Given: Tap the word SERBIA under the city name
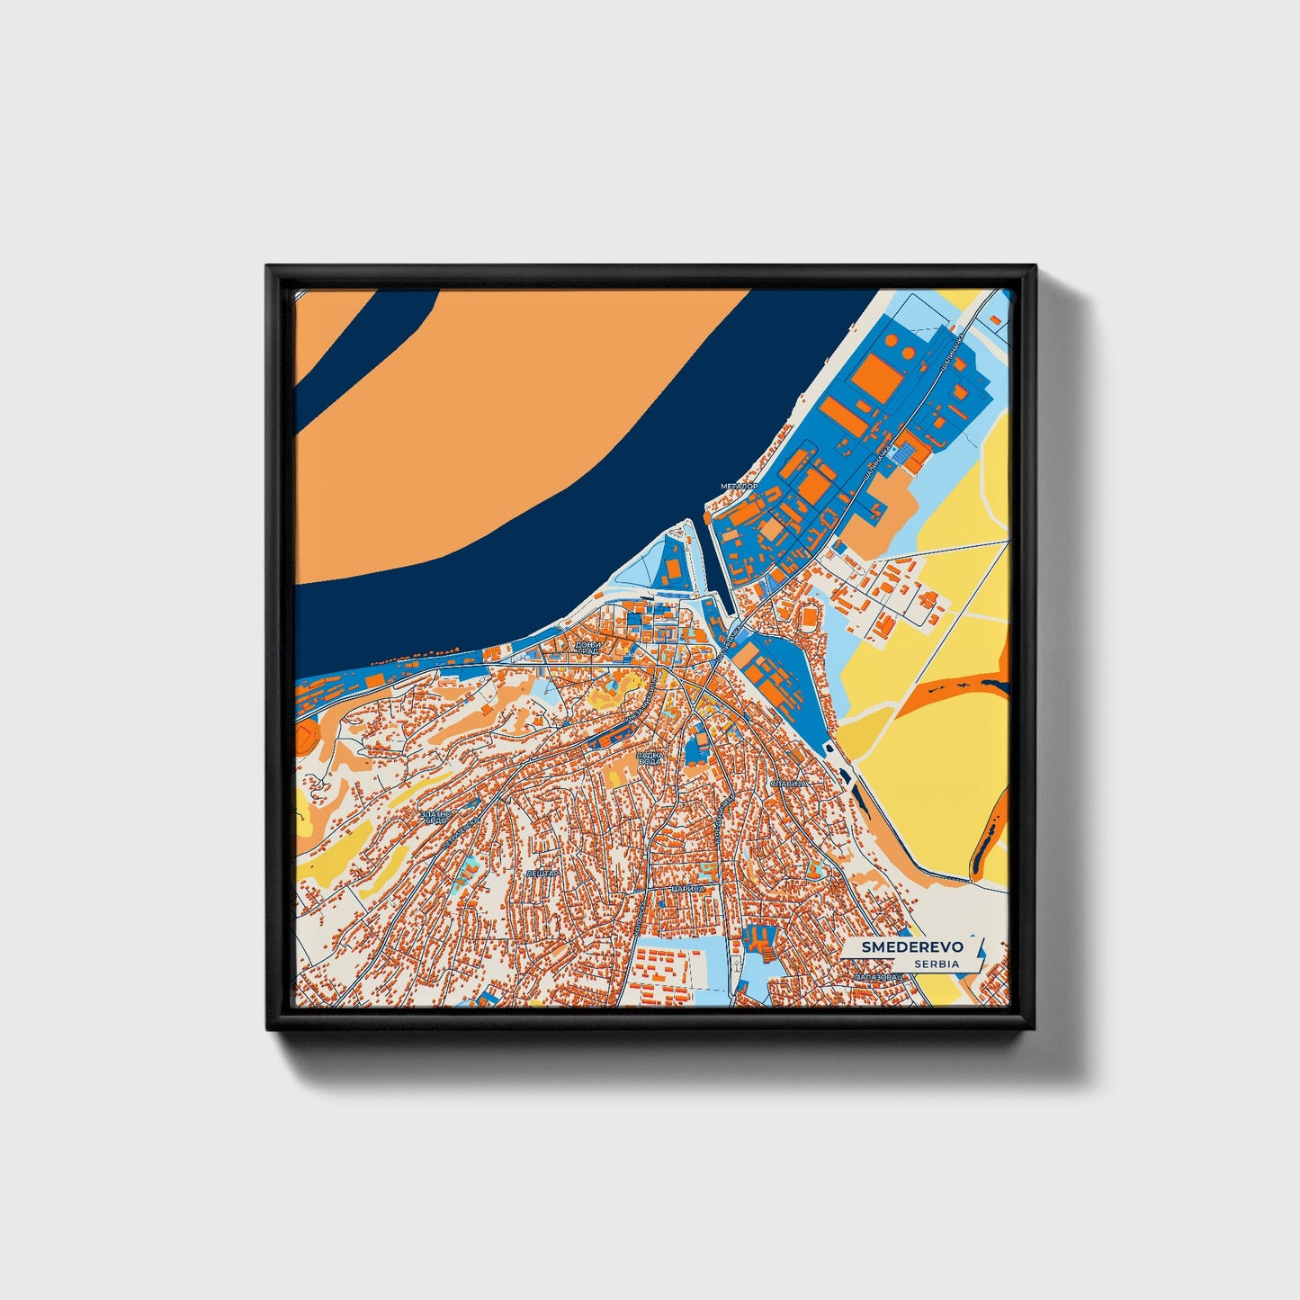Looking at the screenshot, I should click(x=936, y=964).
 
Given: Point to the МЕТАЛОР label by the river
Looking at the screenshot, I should click(x=739, y=486).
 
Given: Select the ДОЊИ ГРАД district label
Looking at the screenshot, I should click(x=587, y=648).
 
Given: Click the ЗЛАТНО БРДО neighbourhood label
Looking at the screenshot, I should click(x=434, y=816).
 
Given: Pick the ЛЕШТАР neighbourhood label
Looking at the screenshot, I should click(x=542, y=873).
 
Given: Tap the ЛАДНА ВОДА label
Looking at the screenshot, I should click(x=650, y=758).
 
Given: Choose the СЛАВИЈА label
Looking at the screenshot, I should click(x=790, y=783).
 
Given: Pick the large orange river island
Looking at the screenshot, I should click(x=504, y=423).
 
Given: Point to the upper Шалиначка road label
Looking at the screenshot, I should click(x=950, y=354).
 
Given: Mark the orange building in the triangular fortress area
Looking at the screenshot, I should click(x=671, y=568).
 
